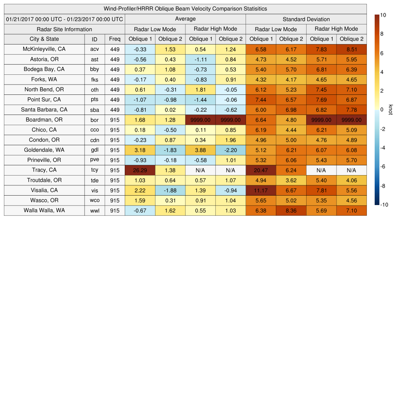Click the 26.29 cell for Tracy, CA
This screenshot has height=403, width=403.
(x=140, y=170)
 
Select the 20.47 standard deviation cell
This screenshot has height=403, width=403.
(x=261, y=170)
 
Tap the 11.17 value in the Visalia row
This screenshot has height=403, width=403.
(x=261, y=190)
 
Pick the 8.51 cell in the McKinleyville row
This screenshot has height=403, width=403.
(x=351, y=49)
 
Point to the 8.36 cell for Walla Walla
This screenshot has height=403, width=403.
(x=291, y=211)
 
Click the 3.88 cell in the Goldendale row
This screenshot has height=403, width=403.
(x=200, y=150)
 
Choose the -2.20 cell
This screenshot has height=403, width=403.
(x=230, y=150)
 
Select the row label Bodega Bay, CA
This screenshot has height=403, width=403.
(x=44, y=69)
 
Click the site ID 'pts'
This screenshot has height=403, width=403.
(x=94, y=100)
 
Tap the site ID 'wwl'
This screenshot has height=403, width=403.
(x=94, y=211)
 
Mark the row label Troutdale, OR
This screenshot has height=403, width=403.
(x=44, y=180)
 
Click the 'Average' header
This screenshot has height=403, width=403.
(x=185, y=19)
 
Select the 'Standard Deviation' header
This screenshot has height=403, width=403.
(x=306, y=19)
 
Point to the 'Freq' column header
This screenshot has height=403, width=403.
(x=115, y=39)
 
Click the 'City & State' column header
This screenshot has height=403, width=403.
(x=44, y=39)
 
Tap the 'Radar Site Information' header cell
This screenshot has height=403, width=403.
(x=64, y=29)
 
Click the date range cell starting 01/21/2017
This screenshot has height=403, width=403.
(x=64, y=19)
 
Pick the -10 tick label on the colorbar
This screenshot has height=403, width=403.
(x=385, y=205)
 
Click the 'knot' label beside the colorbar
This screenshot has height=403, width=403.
(x=390, y=110)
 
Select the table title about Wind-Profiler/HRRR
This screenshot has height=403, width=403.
(x=185, y=9)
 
